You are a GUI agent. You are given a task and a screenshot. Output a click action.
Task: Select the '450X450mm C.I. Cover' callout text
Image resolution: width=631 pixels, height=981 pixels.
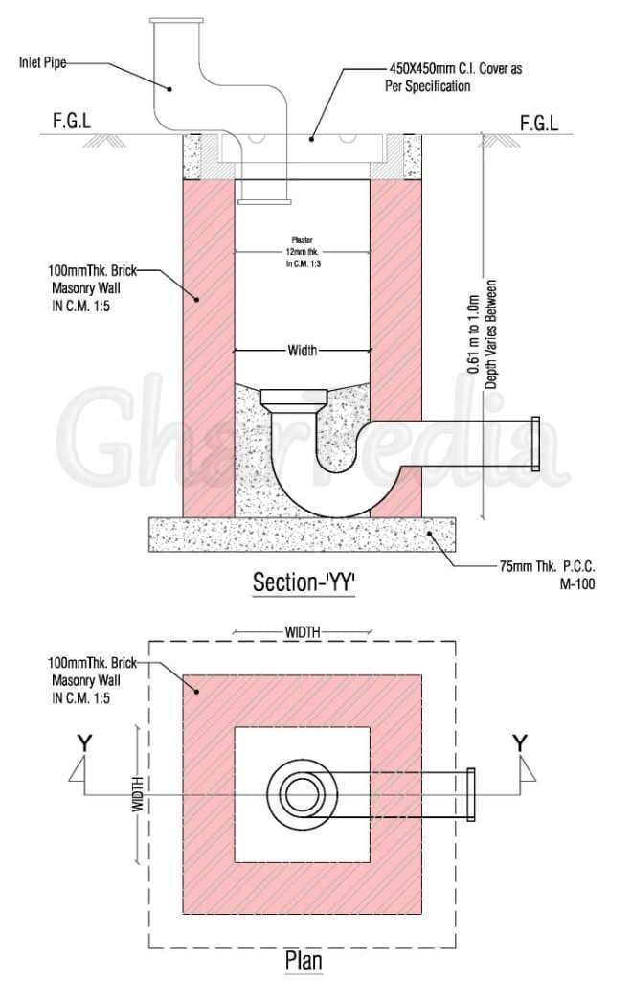[456, 78]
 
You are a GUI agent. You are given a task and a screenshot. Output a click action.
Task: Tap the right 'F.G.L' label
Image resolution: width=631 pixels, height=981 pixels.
[538, 123]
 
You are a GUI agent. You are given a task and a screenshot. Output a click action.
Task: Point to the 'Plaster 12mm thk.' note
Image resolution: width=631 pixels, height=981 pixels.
[302, 251]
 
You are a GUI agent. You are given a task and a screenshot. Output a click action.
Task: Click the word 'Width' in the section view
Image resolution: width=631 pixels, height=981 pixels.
[303, 351]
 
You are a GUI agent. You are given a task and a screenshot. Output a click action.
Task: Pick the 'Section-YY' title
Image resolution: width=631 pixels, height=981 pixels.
[304, 582]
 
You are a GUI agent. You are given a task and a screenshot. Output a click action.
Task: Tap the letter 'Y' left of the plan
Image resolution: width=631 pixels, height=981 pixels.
[85, 742]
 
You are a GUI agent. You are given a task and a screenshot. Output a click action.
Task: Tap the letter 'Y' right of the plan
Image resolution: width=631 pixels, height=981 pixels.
[520, 742]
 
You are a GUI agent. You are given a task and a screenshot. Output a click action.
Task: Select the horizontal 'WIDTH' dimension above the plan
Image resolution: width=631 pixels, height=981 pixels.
[303, 632]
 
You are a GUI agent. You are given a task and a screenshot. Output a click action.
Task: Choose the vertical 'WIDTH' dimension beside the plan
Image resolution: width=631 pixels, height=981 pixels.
[138, 794]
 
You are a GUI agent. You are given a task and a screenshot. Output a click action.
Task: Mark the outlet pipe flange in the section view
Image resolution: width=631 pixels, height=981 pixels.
[535, 444]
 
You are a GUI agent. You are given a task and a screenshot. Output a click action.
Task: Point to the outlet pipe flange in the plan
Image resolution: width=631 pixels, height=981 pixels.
[470, 795]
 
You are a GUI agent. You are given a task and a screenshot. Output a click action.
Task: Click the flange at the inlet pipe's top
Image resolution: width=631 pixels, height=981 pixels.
[176, 21]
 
